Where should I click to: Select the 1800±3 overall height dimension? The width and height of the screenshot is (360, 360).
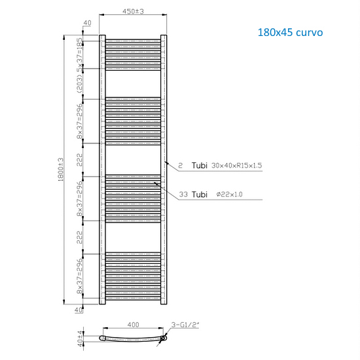(x=60, y=170)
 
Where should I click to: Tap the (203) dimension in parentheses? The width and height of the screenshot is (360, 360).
(x=81, y=83)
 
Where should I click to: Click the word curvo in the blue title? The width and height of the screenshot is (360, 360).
(x=306, y=31)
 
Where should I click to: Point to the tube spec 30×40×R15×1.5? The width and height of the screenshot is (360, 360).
(x=236, y=166)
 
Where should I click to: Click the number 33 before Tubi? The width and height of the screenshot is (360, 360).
(x=183, y=195)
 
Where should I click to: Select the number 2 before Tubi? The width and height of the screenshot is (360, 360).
(x=179, y=166)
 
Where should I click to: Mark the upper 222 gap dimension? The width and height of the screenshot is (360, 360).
(x=81, y=159)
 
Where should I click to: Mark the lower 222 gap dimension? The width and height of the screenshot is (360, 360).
(x=81, y=236)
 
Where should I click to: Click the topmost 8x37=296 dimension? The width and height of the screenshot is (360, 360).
(x=81, y=120)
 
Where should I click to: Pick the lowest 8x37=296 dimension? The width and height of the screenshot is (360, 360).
(x=81, y=276)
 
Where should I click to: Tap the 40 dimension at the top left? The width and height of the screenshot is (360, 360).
(x=87, y=24)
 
